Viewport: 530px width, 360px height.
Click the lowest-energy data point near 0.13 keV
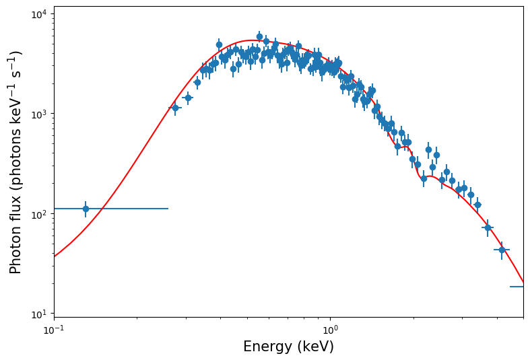[x=86, y=209]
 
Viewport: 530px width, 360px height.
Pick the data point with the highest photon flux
[x=259, y=37]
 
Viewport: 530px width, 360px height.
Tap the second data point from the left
[x=175, y=108]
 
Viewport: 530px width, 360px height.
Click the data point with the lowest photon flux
[x=502, y=250]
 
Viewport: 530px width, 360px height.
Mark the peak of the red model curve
[x=253, y=40]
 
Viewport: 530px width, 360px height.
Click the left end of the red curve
[x=55, y=256]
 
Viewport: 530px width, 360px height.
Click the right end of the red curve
[x=523, y=283]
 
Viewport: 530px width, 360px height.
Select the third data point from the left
[x=188, y=98]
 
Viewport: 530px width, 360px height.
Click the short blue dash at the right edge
[x=517, y=287]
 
